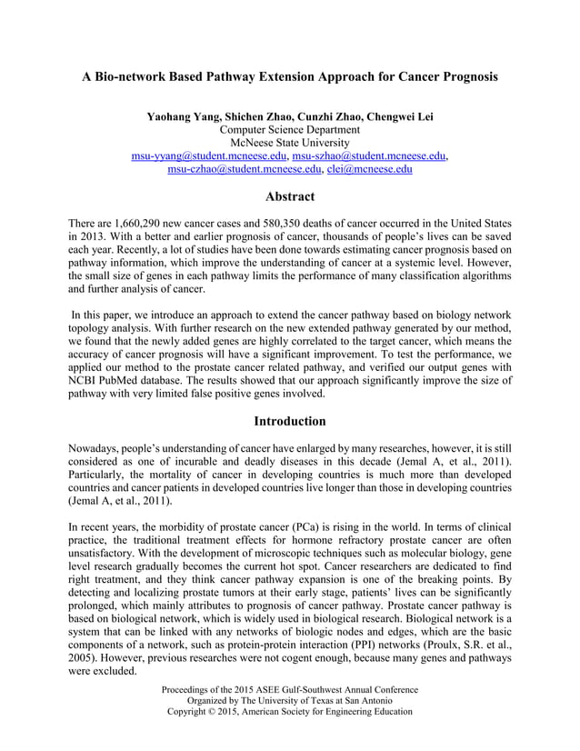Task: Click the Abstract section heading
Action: point(290,196)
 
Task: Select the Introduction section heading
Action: point(290,421)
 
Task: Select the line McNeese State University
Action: point(290,143)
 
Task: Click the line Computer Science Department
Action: point(290,130)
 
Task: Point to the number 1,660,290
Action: point(143,224)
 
